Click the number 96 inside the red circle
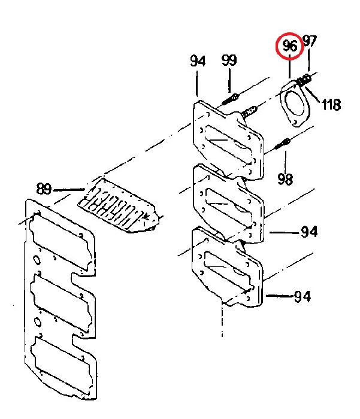(x=290, y=45)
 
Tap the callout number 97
(x=310, y=41)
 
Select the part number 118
(x=331, y=104)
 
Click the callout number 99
(x=229, y=60)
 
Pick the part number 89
(x=44, y=189)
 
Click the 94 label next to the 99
(x=198, y=61)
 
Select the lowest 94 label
(x=302, y=296)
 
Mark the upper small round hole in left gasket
(x=37, y=261)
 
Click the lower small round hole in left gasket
(x=37, y=323)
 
